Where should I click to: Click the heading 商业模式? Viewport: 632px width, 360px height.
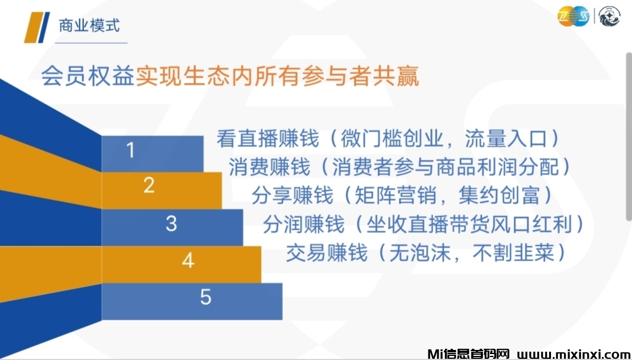click(x=89, y=25)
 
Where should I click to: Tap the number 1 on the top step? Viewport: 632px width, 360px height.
click(x=130, y=150)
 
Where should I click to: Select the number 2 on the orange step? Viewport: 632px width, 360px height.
click(x=149, y=185)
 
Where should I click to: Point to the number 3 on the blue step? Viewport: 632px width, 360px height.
click(x=171, y=223)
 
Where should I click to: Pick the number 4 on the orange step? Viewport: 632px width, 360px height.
click(x=188, y=261)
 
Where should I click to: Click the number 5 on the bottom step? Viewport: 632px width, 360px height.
click(x=205, y=297)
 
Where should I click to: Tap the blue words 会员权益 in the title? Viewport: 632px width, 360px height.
click(x=88, y=75)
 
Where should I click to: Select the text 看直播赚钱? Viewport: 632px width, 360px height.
click(x=267, y=139)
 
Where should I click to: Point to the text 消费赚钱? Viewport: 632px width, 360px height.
click(x=269, y=167)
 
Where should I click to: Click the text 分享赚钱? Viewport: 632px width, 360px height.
click(x=292, y=195)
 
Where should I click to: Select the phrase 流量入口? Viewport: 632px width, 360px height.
click(x=506, y=139)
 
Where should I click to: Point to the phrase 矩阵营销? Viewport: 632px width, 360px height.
click(x=396, y=195)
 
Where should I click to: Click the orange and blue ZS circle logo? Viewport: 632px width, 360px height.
click(x=573, y=17)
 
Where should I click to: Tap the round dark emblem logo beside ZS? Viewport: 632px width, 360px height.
click(x=609, y=17)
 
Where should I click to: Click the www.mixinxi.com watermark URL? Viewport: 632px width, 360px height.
click(x=572, y=354)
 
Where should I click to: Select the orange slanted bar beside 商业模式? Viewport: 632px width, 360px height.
click(x=33, y=27)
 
